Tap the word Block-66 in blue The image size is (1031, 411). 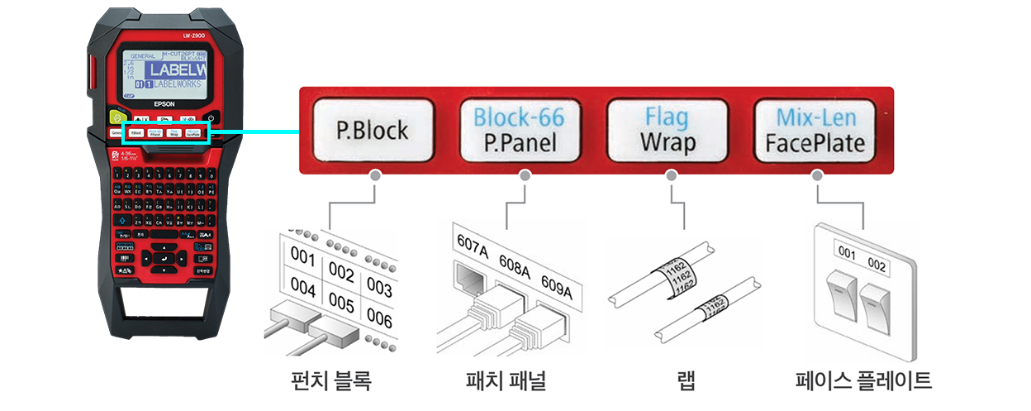click(x=518, y=116)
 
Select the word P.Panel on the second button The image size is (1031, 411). click(x=518, y=143)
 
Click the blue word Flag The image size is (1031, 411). click(x=667, y=116)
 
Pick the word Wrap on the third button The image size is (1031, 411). click(x=667, y=143)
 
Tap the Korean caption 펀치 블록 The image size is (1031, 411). click(x=327, y=380)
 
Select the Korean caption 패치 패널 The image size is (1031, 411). click(x=506, y=380)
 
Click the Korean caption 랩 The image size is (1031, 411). click(x=685, y=380)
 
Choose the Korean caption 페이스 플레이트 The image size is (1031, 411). click(x=863, y=380)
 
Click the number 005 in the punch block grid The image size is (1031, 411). click(x=341, y=303)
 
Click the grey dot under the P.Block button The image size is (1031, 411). click(x=375, y=175)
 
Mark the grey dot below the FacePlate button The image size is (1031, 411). click(x=817, y=175)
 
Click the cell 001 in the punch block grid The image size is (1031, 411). click(x=306, y=259)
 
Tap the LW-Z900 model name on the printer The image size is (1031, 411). click(x=195, y=35)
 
